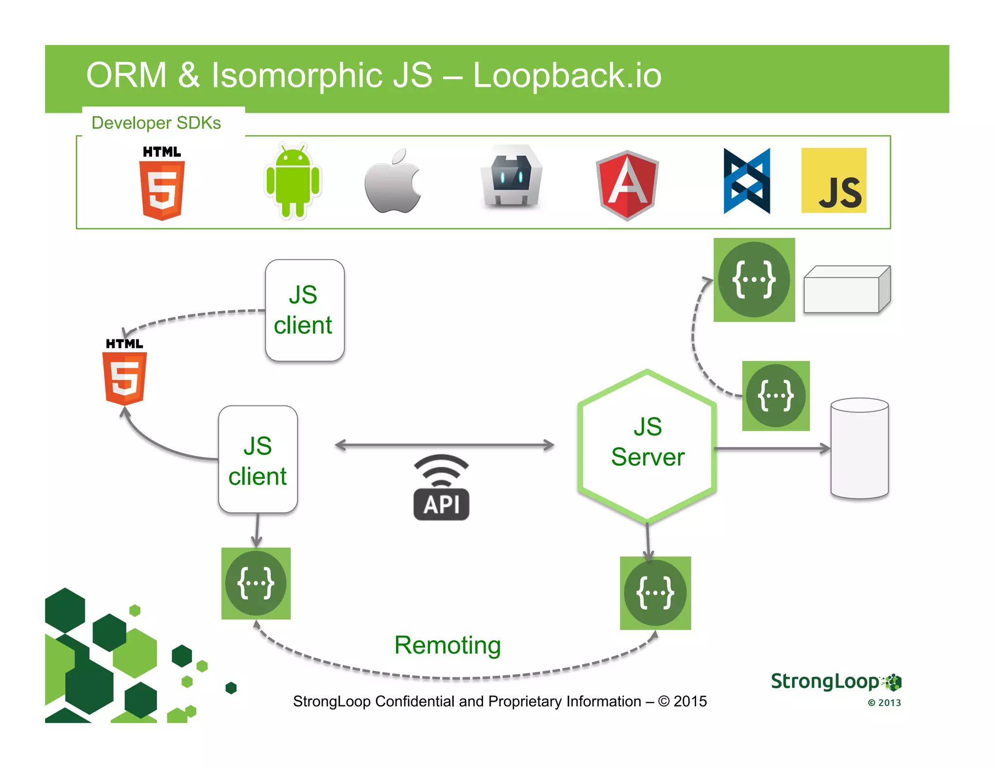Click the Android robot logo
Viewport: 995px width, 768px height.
(x=292, y=182)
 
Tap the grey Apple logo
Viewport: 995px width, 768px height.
(x=393, y=182)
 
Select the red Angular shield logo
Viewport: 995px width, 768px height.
(x=627, y=185)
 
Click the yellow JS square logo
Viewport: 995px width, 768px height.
(x=834, y=181)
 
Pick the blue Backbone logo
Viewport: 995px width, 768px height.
(x=747, y=181)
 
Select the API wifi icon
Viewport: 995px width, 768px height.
(x=441, y=487)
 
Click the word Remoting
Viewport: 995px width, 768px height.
(x=447, y=645)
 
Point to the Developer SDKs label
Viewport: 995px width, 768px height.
(x=156, y=123)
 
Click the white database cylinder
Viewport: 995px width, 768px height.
(x=859, y=449)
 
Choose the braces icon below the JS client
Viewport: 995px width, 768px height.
(x=256, y=583)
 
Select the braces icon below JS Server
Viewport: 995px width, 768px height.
(x=655, y=593)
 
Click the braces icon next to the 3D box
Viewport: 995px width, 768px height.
(x=754, y=280)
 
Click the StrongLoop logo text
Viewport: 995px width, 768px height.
(x=825, y=682)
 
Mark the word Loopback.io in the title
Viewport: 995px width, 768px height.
(x=567, y=76)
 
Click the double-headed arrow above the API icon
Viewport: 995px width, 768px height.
(x=445, y=445)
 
